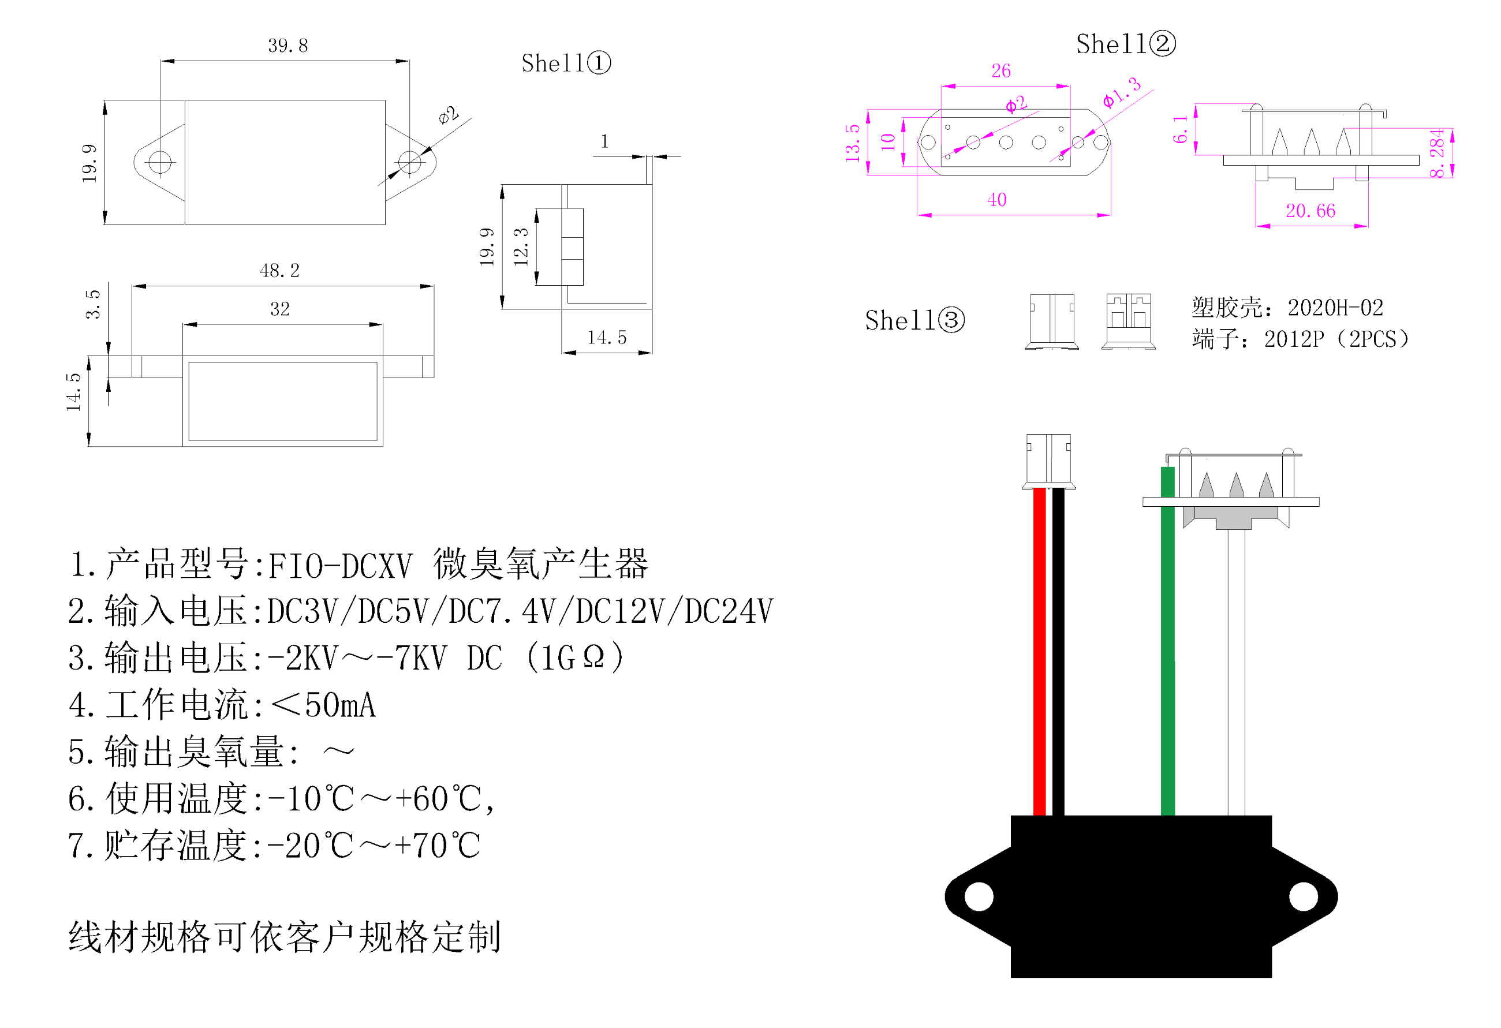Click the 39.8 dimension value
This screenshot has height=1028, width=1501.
coord(288,45)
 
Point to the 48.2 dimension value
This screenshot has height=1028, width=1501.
coord(279,271)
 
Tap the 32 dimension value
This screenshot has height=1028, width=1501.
coord(279,309)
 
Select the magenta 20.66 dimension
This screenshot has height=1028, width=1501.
coord(1310,211)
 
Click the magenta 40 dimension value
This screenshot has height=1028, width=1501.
coord(996,200)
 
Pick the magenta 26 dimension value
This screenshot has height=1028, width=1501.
coord(1000,70)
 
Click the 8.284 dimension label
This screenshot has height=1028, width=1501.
coord(1436,153)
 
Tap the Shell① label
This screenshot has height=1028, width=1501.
coord(565,63)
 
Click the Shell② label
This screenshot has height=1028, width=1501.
coord(1125,44)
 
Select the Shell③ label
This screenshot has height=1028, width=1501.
coord(914,320)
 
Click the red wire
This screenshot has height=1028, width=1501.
coord(1039,652)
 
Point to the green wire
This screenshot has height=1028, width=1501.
coord(1168,652)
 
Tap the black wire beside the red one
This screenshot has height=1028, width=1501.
coord(1058,652)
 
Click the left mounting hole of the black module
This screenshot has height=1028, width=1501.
coord(979,896)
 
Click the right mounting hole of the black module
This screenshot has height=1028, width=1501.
coord(1304,896)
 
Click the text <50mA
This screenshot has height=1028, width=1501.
coord(323,705)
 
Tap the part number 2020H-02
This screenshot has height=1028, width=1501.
coord(1335,308)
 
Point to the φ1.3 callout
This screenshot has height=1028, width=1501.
coord(1122,92)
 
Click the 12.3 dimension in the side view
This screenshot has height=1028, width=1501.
coord(521,246)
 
